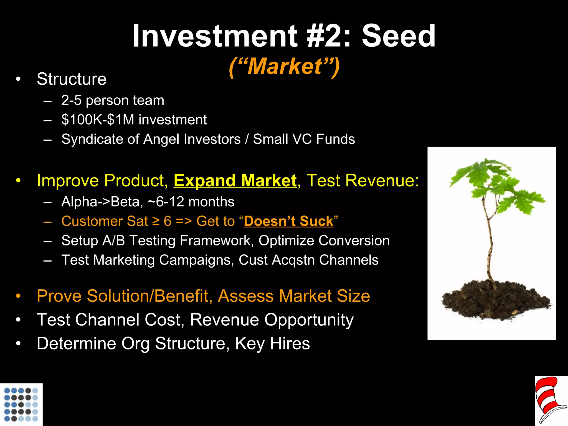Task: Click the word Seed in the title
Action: pos(399,36)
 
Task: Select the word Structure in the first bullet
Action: pos(72,79)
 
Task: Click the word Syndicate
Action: pos(92,139)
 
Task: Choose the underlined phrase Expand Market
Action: pos(235,181)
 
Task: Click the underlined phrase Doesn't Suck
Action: pos(288,221)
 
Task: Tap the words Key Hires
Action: pos(272,344)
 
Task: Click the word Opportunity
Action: pos(309,320)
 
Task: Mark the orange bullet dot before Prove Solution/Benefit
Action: pos(18,296)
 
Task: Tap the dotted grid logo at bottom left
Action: pos(21,404)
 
